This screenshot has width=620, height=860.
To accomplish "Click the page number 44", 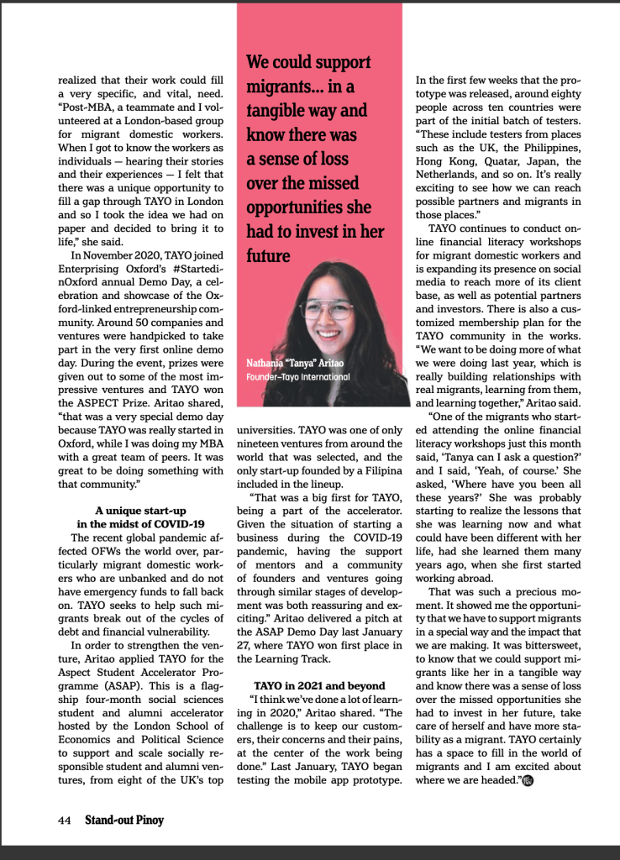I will pyautogui.click(x=64, y=819).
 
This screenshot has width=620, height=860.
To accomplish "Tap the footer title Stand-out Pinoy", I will pyautogui.click(x=124, y=819).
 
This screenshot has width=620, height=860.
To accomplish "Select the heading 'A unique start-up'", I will pyautogui.click(x=140, y=510).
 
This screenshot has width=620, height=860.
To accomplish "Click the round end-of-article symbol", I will pyautogui.click(x=528, y=780).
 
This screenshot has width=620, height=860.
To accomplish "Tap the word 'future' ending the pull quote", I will pyautogui.click(x=268, y=256).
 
